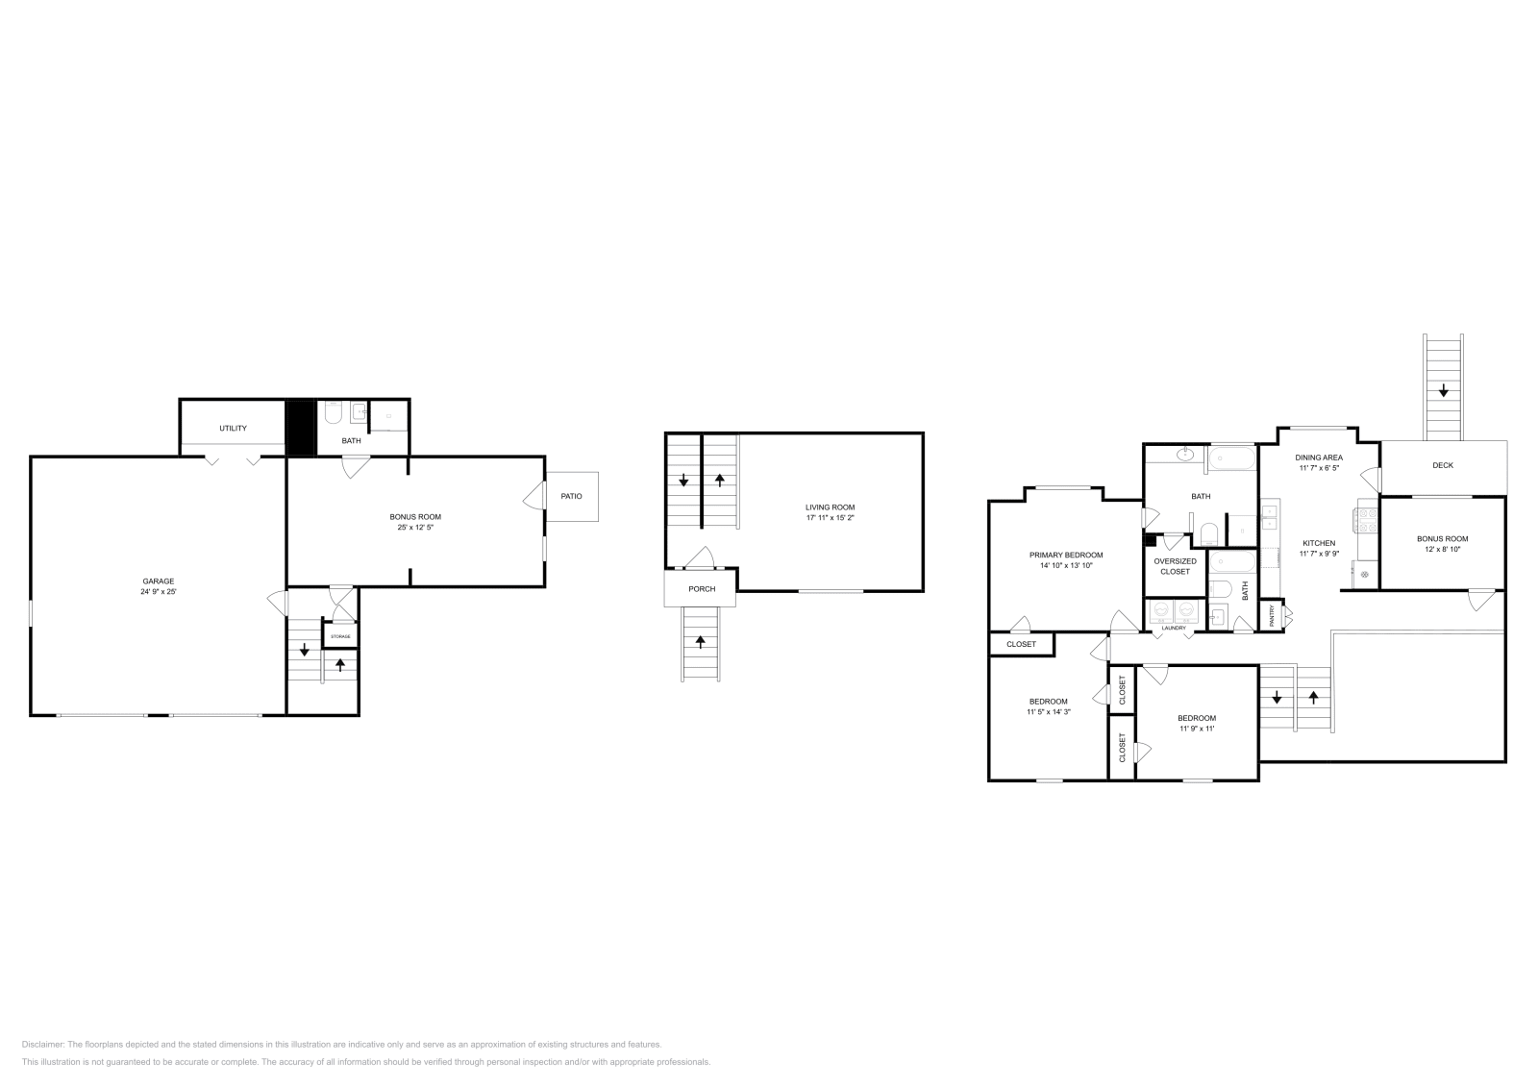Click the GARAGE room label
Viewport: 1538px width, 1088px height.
[x=159, y=581]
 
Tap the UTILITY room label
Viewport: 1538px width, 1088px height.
[x=233, y=429]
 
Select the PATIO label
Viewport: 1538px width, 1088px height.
[x=572, y=496]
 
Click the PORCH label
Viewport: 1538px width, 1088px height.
[x=702, y=589]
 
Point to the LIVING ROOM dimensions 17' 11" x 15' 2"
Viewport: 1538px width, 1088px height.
[x=830, y=518]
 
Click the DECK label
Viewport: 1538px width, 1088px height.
[x=1443, y=465]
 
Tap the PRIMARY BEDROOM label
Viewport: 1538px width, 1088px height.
[x=1066, y=555]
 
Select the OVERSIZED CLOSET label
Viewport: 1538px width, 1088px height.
[x=1175, y=566]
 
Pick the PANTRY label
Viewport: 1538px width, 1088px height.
[x=1273, y=615]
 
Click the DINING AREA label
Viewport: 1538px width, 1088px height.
[x=1319, y=457]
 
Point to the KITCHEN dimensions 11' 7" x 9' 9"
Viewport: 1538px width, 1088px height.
[x=1319, y=554]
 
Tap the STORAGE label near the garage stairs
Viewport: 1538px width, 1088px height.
[x=340, y=637]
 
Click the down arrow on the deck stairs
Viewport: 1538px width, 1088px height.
[x=1443, y=391]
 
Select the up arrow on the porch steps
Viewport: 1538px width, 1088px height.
[x=700, y=641]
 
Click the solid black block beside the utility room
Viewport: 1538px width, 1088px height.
[x=301, y=428]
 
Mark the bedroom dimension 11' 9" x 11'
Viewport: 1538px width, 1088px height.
[x=1197, y=729]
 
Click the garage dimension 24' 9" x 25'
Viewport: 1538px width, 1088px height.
[x=159, y=592]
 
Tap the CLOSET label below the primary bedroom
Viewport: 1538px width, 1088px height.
[x=1021, y=644]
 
